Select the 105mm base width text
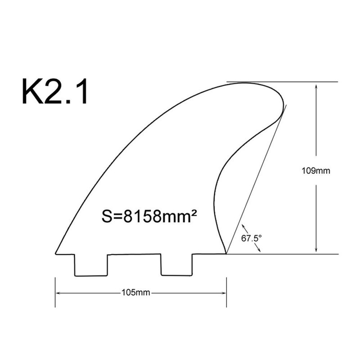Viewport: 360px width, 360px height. pyautogui.click(x=135, y=293)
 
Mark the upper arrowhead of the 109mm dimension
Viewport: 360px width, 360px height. pyautogui.click(x=317, y=85)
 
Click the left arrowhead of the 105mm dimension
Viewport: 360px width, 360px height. pyautogui.click(x=58, y=293)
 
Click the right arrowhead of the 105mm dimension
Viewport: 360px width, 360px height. pyautogui.click(x=223, y=293)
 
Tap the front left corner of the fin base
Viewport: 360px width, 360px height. pyautogui.click(x=56, y=253)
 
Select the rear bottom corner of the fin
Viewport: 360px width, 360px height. pyautogui.click(x=225, y=253)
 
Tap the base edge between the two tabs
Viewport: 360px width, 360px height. pyautogui.click(x=134, y=254)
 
